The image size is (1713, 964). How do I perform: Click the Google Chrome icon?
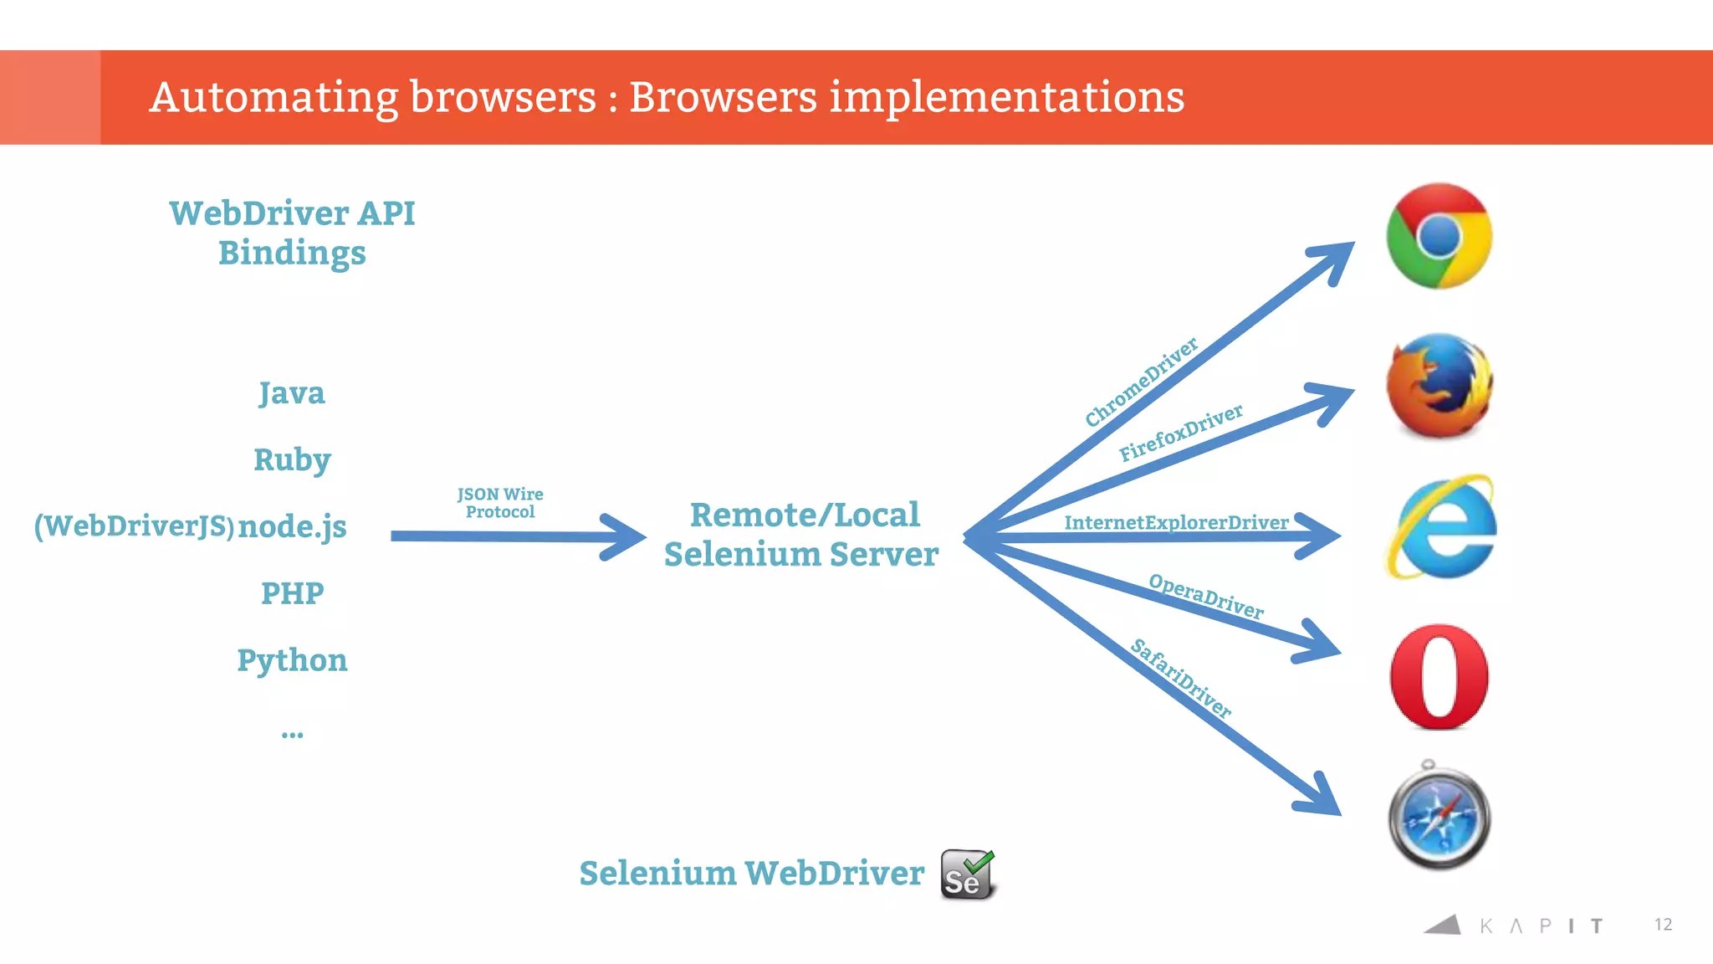1439,236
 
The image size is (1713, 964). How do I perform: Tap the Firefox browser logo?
1439,386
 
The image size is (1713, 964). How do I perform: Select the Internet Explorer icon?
1441,527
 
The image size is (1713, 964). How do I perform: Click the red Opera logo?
1439,676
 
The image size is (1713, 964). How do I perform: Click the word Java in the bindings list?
291,393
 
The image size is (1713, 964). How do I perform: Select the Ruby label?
292,459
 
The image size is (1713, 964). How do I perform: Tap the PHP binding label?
292,593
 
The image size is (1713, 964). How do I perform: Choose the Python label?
292,660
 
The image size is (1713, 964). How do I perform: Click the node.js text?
292,526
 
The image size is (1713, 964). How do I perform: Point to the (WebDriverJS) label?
134,526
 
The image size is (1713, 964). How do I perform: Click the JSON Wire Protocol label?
500,503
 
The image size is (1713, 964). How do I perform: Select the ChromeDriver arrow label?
1141,382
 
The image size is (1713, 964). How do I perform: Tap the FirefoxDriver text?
1180,433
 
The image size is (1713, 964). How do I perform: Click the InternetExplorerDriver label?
1175,522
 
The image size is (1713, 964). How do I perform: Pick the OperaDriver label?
1205,596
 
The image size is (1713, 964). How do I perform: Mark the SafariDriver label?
1180,679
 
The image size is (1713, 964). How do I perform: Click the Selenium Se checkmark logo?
968,874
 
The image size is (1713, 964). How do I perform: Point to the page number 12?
1663,924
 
